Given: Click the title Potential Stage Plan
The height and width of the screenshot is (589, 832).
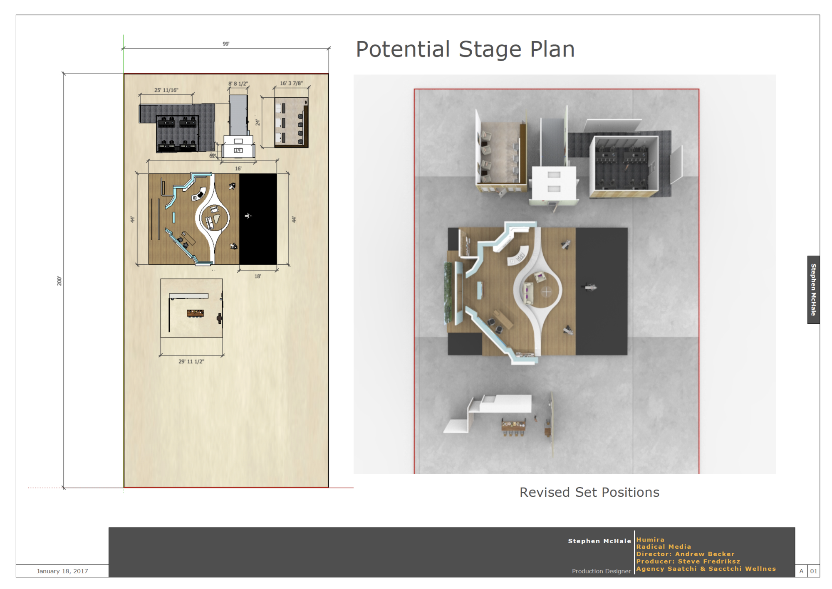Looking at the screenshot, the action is [465, 49].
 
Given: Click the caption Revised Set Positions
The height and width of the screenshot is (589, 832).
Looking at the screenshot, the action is [589, 492].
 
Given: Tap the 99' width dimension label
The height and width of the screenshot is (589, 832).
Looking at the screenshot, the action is [226, 44].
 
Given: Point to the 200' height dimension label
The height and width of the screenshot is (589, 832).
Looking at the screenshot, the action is [59, 281].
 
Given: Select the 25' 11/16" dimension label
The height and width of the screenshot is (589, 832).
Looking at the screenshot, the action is [166, 90].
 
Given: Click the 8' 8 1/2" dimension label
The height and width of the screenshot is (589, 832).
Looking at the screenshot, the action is [238, 84].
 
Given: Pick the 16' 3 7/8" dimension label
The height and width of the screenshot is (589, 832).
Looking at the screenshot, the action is [291, 83].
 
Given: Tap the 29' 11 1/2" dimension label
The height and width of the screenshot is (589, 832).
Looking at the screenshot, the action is [191, 362].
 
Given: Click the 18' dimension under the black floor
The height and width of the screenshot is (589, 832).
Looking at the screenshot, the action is [258, 276].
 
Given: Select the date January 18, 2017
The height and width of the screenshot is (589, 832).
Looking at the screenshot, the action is [62, 571].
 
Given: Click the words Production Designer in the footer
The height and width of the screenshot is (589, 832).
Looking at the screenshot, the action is [601, 571].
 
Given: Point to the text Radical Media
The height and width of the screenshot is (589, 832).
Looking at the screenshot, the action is [664, 547].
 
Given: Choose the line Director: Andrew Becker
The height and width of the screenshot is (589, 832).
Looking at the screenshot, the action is [685, 554].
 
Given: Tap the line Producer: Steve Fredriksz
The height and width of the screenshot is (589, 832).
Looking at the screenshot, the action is [688, 561].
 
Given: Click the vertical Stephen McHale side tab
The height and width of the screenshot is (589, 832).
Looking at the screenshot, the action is [814, 290].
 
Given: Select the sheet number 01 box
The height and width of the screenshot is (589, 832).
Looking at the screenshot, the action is [814, 571].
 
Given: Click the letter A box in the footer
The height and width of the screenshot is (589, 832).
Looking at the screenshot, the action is [801, 571].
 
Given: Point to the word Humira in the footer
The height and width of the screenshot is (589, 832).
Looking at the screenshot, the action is [650, 540].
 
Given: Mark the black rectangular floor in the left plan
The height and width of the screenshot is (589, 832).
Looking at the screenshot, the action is [258, 219].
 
